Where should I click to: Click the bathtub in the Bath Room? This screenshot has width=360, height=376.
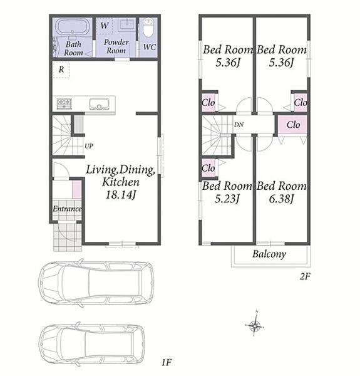pos(73,28)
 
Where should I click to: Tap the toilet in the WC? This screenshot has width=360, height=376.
pos(148,28)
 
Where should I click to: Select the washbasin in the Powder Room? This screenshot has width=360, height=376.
pos(127,24)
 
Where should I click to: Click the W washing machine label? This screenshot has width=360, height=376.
pos(105,26)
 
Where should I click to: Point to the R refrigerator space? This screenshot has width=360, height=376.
pos(61,70)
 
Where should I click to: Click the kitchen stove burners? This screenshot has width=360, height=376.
pos(64,103)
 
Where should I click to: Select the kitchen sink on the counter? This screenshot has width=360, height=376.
pos(100,104)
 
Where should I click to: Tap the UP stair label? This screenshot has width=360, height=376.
pos(89,146)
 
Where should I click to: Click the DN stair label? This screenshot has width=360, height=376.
pos(239,125)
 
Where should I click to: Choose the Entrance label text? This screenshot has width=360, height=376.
pos(67,209)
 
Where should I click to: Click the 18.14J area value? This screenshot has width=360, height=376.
pos(121,195)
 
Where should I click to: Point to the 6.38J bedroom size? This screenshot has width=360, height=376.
pos(281,199)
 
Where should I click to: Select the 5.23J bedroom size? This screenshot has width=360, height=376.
pos(227,199)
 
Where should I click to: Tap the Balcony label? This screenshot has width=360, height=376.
pos(269,254)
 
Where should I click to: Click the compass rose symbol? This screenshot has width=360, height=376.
pos(255,325)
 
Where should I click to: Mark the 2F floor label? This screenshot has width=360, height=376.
pos(305,277)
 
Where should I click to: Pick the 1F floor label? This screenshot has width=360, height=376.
pos(167,362)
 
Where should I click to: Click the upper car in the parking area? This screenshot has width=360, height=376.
pos(96,283)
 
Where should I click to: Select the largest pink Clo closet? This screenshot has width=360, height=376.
pos(292,125)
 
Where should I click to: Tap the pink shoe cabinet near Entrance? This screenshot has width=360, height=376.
pos(76,189)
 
